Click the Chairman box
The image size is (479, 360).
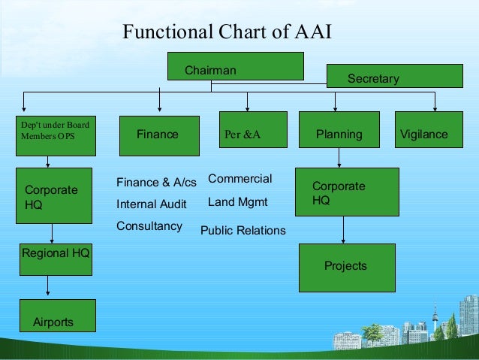(x=235, y=66)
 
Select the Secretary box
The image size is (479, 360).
(x=394, y=76)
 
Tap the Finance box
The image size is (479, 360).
(x=158, y=135)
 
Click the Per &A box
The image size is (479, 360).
(x=253, y=129)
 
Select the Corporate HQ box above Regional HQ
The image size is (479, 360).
(x=54, y=195)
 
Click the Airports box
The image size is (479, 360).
(x=57, y=316)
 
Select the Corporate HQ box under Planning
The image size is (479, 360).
(x=346, y=192)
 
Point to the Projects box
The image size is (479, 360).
(x=346, y=267)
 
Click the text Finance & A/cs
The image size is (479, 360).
(x=156, y=183)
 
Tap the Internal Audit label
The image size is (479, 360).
(x=152, y=204)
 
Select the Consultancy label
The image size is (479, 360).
(x=149, y=225)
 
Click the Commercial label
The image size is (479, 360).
(x=239, y=179)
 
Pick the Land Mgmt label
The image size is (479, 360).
(x=237, y=202)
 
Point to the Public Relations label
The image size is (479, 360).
(x=243, y=231)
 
